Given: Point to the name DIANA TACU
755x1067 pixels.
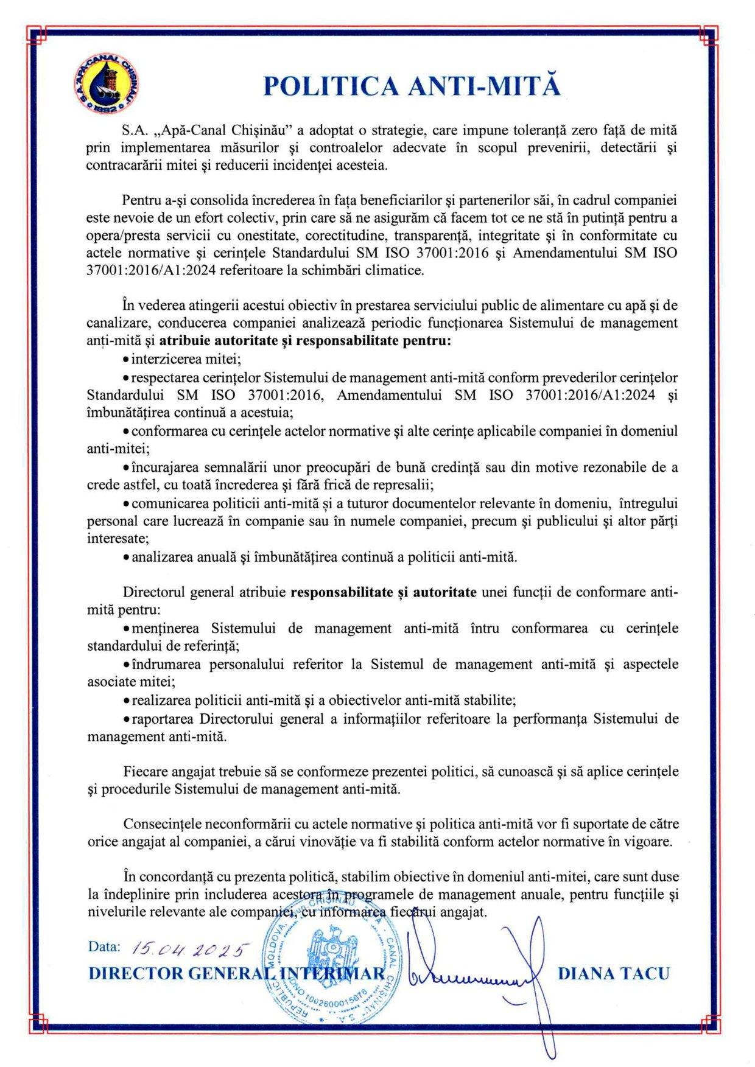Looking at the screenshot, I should pyautogui.click(x=613, y=973).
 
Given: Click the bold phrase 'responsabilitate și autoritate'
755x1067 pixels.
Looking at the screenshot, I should pyautogui.click(x=384, y=593).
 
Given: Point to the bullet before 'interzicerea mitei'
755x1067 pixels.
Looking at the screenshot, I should pyautogui.click(x=126, y=360).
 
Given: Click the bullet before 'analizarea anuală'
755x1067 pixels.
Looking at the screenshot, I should pyautogui.click(x=126, y=558).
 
